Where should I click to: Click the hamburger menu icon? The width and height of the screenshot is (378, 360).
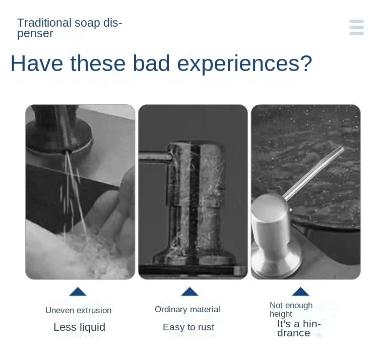coord(356,27)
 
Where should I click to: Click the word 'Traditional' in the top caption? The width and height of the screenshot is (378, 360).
coord(44,23)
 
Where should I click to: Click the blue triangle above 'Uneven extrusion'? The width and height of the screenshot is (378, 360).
coord(78,292)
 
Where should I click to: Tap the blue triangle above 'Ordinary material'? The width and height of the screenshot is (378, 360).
coord(190,292)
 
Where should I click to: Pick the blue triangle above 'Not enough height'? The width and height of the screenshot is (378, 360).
coord(300,292)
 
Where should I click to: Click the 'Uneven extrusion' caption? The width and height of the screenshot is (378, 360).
coord(78,310)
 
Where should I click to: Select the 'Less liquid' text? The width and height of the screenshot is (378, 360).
coord(79,327)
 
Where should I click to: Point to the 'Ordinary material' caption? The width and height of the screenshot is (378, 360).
coord(187,309)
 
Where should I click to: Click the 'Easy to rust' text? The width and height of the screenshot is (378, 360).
coord(188,327)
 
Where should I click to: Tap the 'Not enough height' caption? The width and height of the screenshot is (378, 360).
coord(291,309)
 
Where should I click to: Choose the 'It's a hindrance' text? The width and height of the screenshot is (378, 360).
coord(299,328)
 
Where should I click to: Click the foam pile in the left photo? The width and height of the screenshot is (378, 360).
coord(76,254)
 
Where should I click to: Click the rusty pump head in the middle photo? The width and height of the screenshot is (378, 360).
coord(192,166)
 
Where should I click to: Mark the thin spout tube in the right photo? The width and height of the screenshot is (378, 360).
coord(315,171)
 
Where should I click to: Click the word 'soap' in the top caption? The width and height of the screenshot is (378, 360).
coord(87,23)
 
